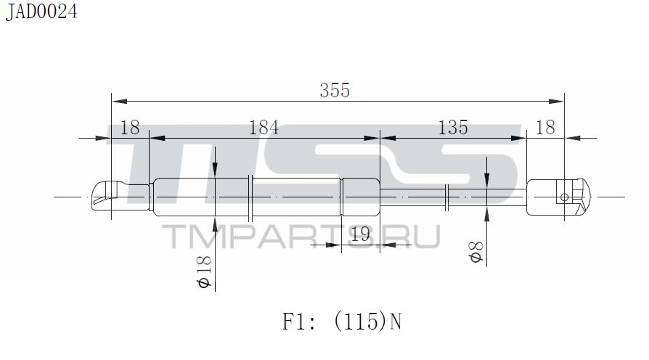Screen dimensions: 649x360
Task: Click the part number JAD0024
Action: pos(41,12)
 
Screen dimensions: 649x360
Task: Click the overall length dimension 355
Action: pos(335,90)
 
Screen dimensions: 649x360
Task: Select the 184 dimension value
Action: pos(264,128)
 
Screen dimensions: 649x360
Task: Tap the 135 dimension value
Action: pos(453,128)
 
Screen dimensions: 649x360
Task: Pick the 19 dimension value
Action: pos(360,234)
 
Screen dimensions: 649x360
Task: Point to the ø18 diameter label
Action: pos(204,271)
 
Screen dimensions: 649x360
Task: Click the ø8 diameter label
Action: pos(475,252)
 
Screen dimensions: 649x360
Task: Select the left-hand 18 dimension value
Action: pos(129,128)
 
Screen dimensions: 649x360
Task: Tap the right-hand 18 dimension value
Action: pos(545,128)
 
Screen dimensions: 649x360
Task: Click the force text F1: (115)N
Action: pos(342,321)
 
